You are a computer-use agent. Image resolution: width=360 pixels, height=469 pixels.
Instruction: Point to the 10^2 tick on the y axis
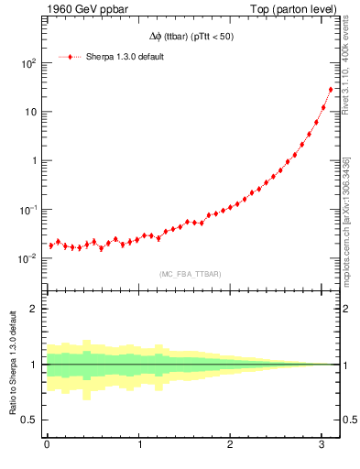pyautogui.click(x=26, y=63)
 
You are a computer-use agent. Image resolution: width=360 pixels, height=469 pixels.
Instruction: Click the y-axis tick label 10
pyautogui.click(x=29, y=112)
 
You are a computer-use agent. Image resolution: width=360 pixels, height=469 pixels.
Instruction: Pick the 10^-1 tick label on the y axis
pyautogui.click(x=26, y=209)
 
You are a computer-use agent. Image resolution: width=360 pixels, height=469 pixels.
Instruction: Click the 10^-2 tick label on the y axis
pyautogui.click(x=26, y=257)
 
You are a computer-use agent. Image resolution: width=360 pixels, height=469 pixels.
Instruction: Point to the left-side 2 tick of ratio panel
pyautogui.click(x=33, y=309)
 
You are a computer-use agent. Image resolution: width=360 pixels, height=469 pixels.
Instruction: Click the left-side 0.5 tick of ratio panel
pyautogui.click(x=29, y=420)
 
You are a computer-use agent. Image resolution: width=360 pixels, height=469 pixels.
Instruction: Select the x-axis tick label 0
pyautogui.click(x=47, y=445)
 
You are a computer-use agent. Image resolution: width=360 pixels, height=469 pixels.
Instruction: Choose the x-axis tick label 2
pyautogui.click(x=231, y=445)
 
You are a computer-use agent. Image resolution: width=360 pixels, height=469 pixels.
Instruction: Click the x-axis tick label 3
pyautogui.click(x=322, y=445)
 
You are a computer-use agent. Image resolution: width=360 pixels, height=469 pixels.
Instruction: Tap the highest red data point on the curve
pyautogui.click(x=331, y=90)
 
